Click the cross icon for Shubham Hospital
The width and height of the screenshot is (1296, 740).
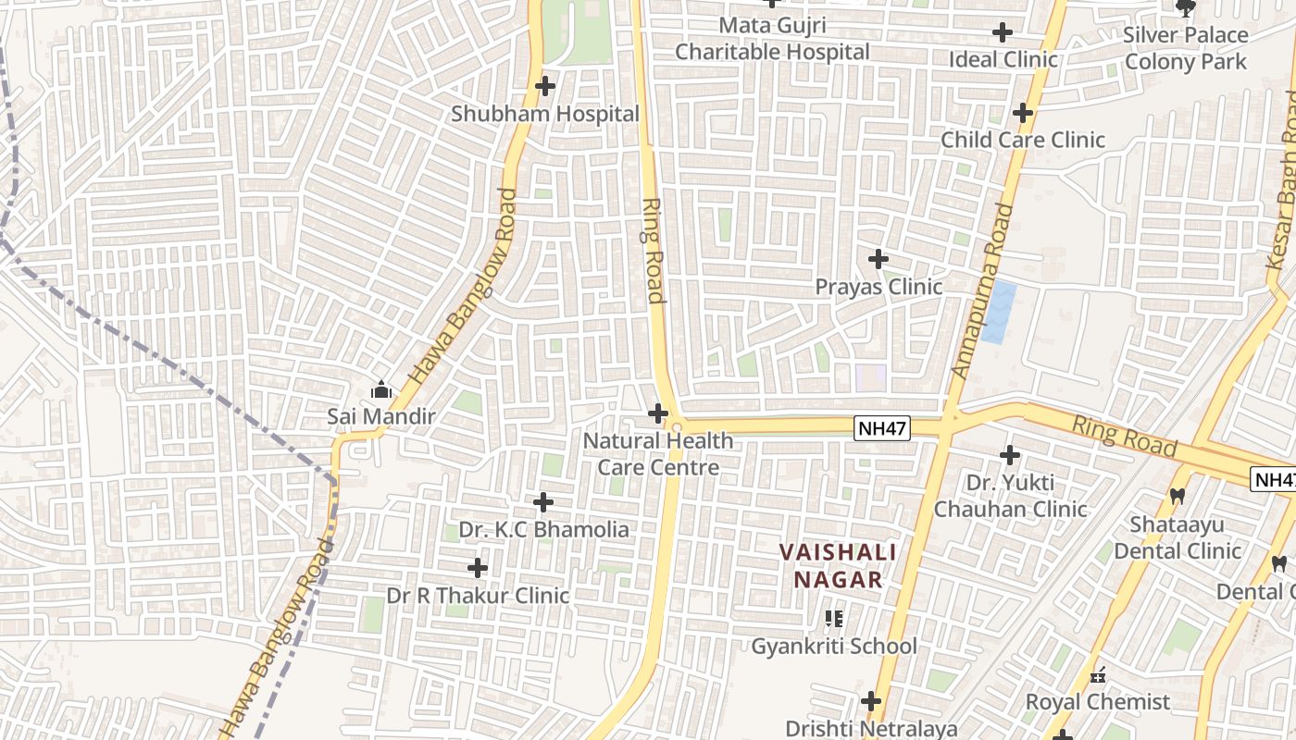pyautogui.click(x=545, y=87)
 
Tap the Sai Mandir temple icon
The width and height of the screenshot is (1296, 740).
pyautogui.click(x=380, y=390)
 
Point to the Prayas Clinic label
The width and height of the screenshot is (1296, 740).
pyautogui.click(x=879, y=287)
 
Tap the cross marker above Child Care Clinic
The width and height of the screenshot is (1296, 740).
pyautogui.click(x=1023, y=113)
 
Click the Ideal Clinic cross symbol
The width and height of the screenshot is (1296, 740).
pyautogui.click(x=1003, y=33)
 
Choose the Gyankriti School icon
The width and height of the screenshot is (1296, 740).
pyautogui.click(x=834, y=619)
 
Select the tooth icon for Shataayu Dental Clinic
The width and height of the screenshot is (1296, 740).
pyautogui.click(x=1178, y=497)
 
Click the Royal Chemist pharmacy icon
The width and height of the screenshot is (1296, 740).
pyautogui.click(x=1099, y=676)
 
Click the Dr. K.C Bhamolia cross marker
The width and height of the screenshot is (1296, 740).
pyautogui.click(x=543, y=503)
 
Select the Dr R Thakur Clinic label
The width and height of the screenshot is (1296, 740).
pyautogui.click(x=478, y=596)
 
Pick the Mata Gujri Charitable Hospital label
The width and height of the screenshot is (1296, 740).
pyautogui.click(x=772, y=39)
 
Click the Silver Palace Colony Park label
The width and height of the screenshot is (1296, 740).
pyautogui.click(x=1186, y=48)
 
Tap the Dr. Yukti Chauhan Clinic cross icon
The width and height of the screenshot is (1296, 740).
pyautogui.click(x=1010, y=455)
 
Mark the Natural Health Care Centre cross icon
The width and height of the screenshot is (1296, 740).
pyautogui.click(x=658, y=413)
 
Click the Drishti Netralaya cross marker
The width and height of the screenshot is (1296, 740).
pyautogui.click(x=871, y=701)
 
